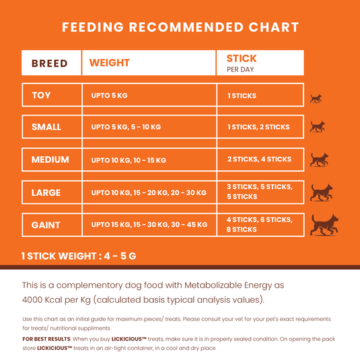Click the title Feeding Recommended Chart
180,28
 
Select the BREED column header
50,63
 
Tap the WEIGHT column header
110,63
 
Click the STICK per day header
242,63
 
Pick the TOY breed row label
42,96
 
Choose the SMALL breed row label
46,127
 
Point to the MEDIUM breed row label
50,159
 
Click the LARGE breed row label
46,192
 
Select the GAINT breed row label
46,225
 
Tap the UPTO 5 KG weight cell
109,96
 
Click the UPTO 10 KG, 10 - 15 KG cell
129,160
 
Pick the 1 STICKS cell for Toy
242,96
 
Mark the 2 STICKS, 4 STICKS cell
259,159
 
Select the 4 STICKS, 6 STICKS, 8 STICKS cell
259,225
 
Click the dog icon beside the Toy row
316,98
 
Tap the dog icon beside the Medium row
319,159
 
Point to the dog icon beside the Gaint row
324,225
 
